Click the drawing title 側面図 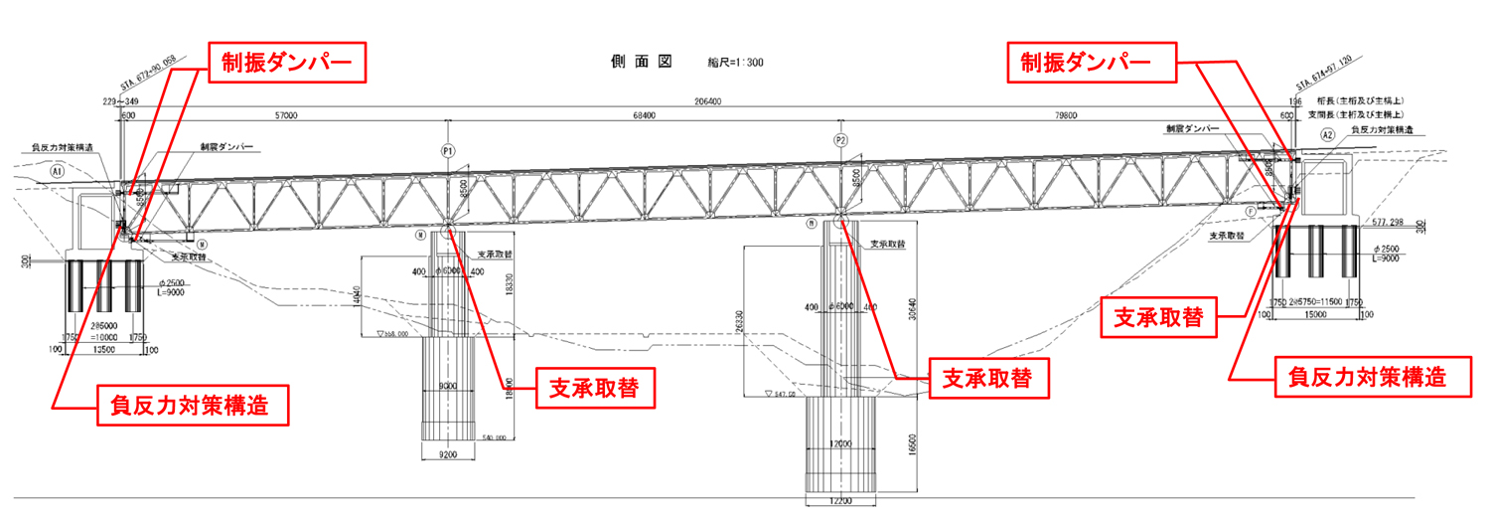(x=642, y=61)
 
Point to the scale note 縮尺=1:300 (x=736, y=63)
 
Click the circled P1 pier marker (x=449, y=151)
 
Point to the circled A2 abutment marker (x=1327, y=134)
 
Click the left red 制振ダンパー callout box (x=287, y=65)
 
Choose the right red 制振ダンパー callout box (x=1088, y=64)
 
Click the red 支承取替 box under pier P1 (x=596, y=387)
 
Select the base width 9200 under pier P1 (x=450, y=453)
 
